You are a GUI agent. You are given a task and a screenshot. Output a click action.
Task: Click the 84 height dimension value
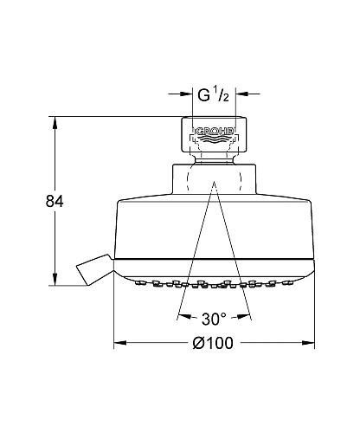55,201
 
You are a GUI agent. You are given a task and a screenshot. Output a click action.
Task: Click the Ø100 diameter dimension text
213,343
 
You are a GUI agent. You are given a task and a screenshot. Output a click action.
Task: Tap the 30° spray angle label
214,319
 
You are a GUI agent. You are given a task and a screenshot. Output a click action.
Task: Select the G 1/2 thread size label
213,94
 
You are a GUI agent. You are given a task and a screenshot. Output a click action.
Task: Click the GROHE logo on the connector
215,132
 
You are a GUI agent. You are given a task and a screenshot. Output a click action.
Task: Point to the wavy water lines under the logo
215,139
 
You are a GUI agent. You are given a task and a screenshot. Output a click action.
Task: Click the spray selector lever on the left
93,269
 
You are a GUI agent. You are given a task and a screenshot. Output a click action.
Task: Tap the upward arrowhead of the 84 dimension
55,122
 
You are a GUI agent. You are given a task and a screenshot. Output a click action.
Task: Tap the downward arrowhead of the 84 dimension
55,280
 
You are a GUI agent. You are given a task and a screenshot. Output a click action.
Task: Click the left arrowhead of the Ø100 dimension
120,343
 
